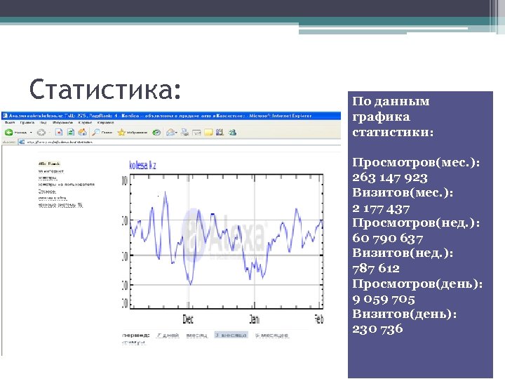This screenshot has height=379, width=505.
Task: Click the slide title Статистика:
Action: [x=105, y=90]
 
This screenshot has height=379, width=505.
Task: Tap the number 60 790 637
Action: [x=389, y=238]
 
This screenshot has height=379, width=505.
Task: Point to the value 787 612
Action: [x=376, y=268]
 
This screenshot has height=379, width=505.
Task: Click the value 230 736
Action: [x=377, y=329]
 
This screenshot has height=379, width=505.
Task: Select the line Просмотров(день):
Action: [x=417, y=283]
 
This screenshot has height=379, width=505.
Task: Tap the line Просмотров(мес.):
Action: [x=416, y=162]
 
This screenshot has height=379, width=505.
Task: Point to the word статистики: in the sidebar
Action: [x=393, y=131]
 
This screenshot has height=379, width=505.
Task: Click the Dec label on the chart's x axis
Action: [x=188, y=319]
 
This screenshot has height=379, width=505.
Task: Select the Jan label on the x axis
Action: [x=253, y=319]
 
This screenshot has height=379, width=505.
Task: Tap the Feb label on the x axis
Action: [x=317, y=319]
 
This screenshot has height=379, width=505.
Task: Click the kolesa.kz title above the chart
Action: [x=143, y=164]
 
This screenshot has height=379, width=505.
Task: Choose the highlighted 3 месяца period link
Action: [x=231, y=335]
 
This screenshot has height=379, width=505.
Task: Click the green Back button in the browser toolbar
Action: [x=9, y=132]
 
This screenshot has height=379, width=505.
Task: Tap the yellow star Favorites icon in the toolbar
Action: [x=122, y=132]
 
